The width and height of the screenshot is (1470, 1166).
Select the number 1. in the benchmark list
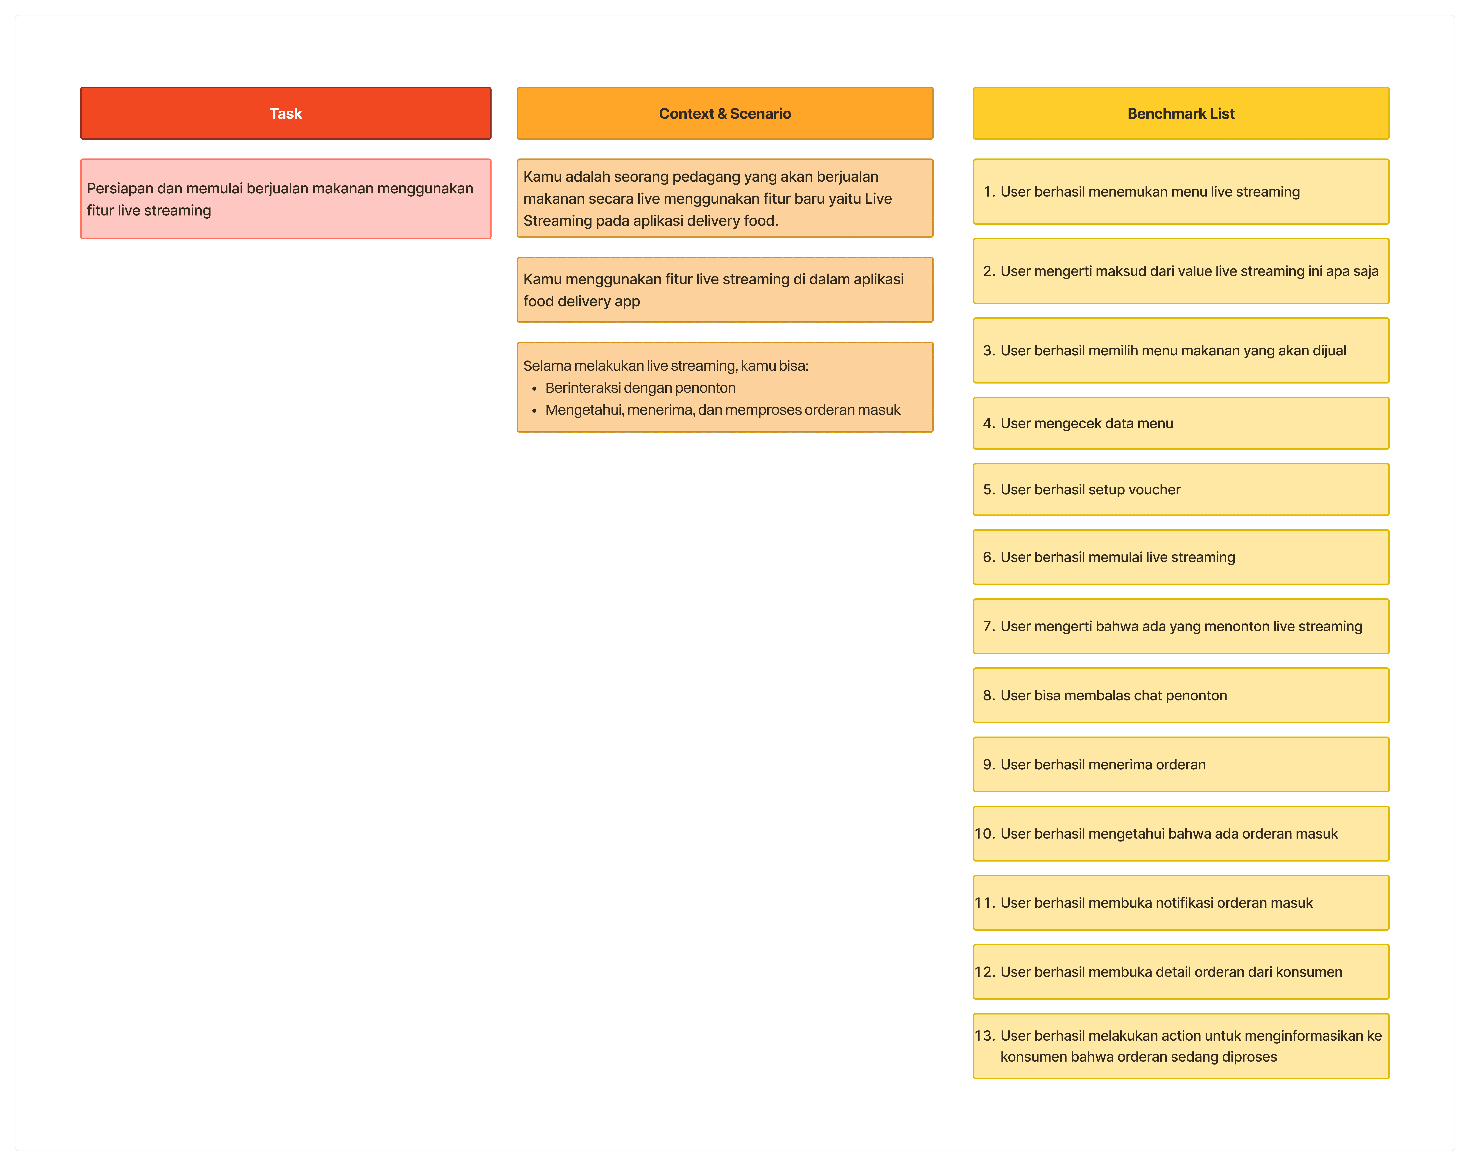click(989, 192)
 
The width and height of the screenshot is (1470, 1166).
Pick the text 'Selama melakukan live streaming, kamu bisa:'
click(666, 366)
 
